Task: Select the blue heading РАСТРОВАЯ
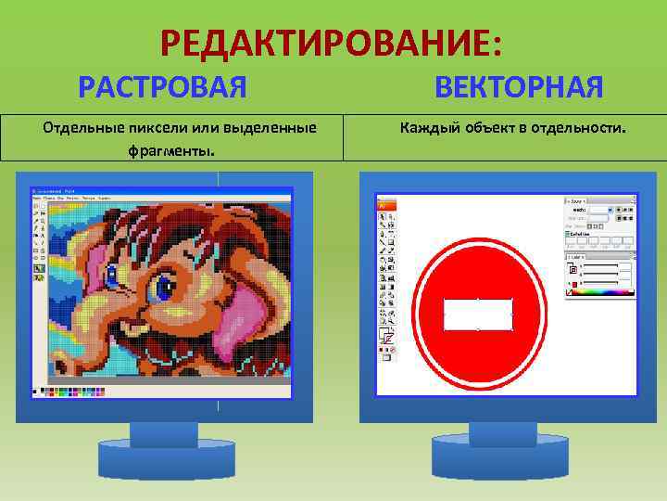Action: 162,88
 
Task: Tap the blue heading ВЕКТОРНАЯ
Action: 518,88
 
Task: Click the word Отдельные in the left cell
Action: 80,127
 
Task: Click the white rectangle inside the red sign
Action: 478,314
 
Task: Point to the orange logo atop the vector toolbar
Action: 384,203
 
